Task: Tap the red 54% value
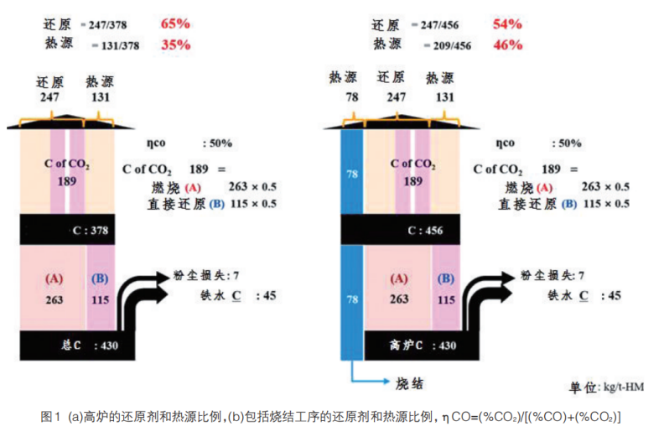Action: [x=506, y=23]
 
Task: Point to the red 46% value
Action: [x=506, y=44]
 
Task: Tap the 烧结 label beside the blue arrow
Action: [x=408, y=384]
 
